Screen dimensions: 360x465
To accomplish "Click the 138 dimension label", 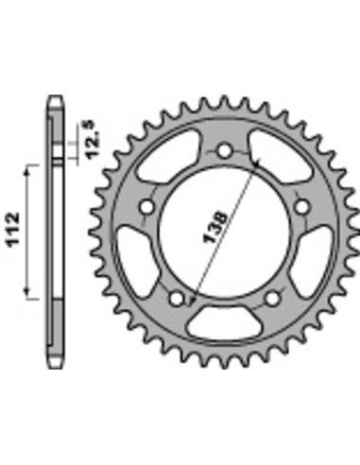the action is click(215, 228).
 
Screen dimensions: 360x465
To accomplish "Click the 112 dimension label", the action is click(14, 229).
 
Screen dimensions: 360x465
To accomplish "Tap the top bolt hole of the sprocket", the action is click(225, 151).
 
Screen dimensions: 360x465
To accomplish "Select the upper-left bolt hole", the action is click(146, 207).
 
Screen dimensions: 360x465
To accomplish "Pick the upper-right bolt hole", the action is click(302, 207).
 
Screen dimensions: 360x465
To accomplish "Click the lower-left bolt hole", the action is click(177, 299).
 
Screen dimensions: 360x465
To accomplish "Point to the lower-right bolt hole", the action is click(273, 299).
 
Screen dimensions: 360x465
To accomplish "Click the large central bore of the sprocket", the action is click(225, 233).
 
